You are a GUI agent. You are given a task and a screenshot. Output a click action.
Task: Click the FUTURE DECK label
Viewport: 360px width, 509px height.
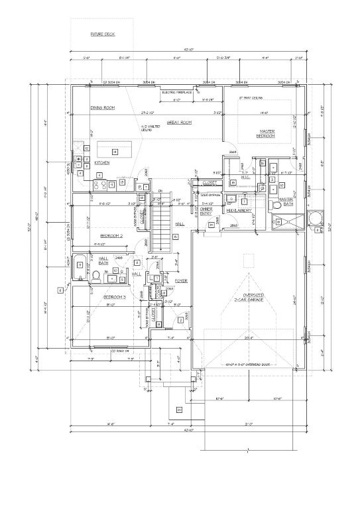pos(103,34)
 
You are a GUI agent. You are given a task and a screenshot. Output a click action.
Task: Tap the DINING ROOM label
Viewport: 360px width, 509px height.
pos(103,107)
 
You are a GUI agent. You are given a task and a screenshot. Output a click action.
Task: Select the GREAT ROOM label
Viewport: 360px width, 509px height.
pos(179,123)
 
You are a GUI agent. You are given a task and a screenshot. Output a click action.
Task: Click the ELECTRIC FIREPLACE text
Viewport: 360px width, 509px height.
pos(177,92)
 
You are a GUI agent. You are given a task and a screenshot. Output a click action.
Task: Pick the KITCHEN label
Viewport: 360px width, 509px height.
pos(101,162)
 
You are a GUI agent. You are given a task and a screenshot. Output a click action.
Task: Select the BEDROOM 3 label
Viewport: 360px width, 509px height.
pos(114,298)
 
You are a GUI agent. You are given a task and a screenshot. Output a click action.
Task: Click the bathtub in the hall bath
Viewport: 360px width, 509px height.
pos(80,264)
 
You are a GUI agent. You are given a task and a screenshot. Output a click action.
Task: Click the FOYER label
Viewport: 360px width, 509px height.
pos(181,281)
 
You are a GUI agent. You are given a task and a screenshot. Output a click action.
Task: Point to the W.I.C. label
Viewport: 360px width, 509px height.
pos(245,177)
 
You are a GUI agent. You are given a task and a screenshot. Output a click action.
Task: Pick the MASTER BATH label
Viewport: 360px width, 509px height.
pos(286,201)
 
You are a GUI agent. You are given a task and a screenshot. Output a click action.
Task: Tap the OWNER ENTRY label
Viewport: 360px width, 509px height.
pos(206,211)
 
